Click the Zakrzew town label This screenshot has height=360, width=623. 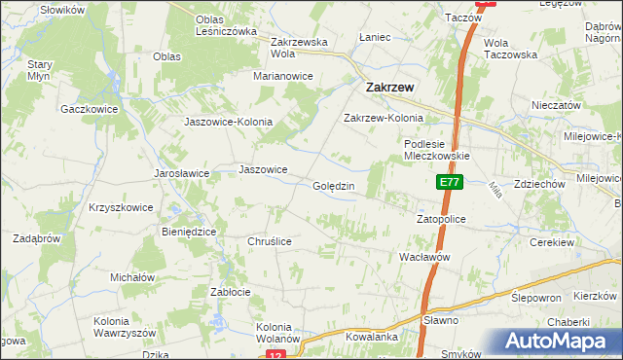pos(389,87)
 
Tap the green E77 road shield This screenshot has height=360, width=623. pos(449,182)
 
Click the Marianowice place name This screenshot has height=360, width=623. pos(283,75)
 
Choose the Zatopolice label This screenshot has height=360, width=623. pos(442,220)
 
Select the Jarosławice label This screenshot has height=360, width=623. pos(182,173)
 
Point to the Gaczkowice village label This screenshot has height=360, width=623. pos(89,109)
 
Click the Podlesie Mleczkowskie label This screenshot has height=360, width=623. pos(437,149)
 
